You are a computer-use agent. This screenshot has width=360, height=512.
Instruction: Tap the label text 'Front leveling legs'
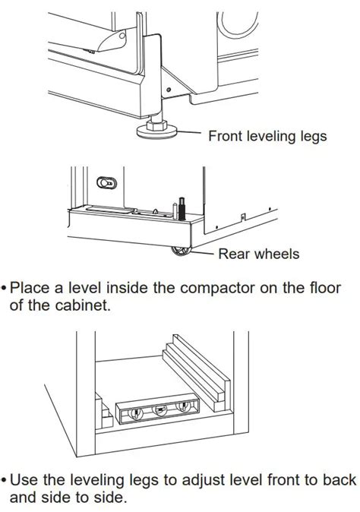(267, 137)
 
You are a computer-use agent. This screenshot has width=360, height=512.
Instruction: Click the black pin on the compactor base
(182, 207)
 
